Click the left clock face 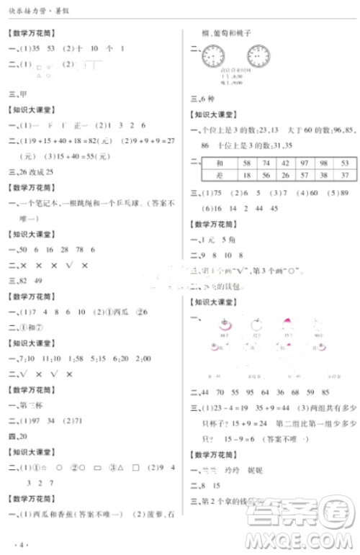coord(215,56)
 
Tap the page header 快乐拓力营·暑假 coord(33,12)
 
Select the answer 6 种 coord(202,99)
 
